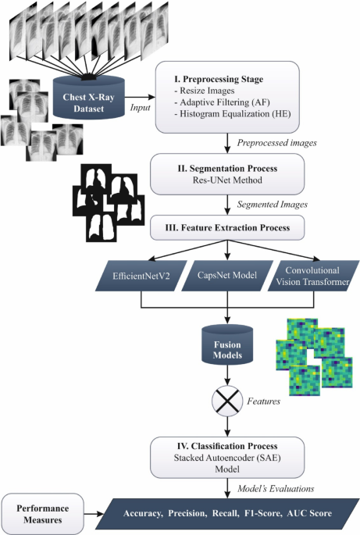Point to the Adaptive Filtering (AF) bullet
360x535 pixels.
tap(222, 103)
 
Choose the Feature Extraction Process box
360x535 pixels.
tap(227, 228)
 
